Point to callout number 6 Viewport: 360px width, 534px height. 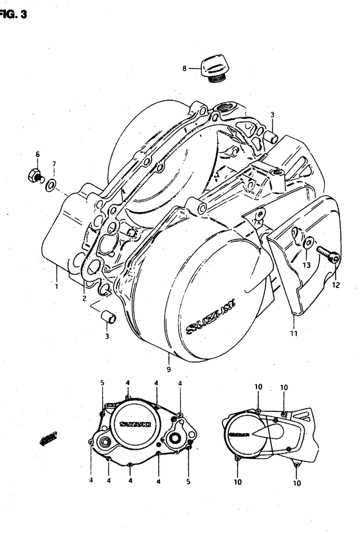coord(37,154)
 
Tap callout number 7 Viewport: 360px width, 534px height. coord(54,165)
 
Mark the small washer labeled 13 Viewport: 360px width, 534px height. coord(309,242)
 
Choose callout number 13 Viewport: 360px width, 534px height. coord(307,264)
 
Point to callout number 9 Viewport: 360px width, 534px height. coord(168,370)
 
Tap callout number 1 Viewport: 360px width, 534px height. coord(57,286)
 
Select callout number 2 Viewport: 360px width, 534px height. coord(84,298)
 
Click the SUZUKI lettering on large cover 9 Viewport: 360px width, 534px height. coord(211,317)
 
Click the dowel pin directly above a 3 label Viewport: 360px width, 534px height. coord(107,316)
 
